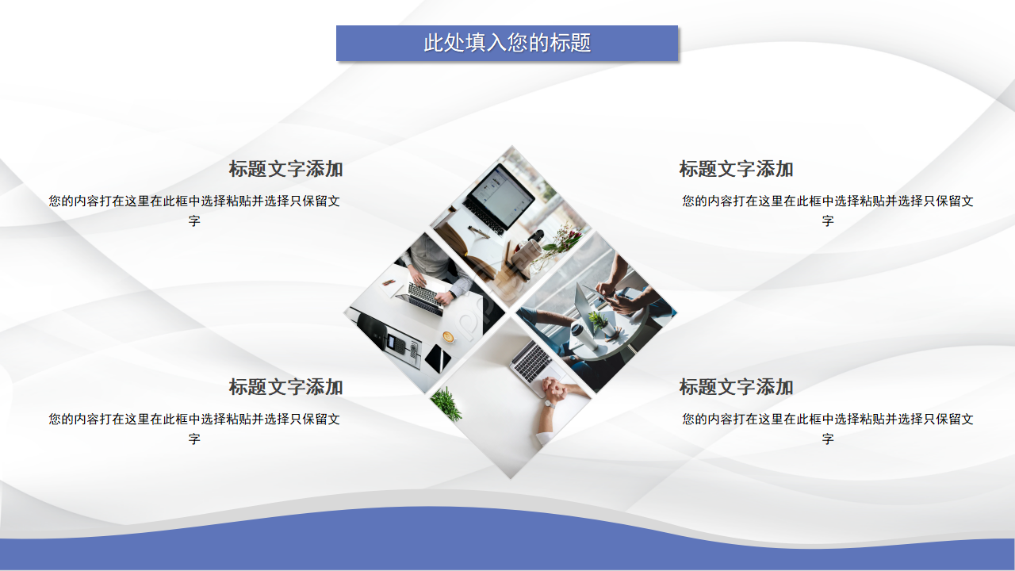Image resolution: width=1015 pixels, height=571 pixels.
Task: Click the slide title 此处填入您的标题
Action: pyautogui.click(x=507, y=43)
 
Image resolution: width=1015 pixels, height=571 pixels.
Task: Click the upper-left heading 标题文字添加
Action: pyautogui.click(x=285, y=169)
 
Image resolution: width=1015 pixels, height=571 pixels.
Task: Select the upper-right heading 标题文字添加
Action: pyautogui.click(x=736, y=169)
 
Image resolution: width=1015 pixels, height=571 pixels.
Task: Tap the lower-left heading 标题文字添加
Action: pyautogui.click(x=285, y=387)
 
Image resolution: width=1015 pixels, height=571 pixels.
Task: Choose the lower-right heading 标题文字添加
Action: pyautogui.click(x=736, y=387)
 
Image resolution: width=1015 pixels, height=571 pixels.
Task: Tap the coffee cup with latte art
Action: pyautogui.click(x=448, y=336)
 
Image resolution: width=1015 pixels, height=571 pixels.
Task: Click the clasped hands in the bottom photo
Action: pyautogui.click(x=560, y=389)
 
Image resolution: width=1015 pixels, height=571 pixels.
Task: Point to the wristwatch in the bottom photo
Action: pyautogui.click(x=547, y=403)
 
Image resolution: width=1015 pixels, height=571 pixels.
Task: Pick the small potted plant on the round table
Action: pyautogui.click(x=597, y=321)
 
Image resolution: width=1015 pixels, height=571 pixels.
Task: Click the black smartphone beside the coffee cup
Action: pyautogui.click(x=437, y=358)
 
